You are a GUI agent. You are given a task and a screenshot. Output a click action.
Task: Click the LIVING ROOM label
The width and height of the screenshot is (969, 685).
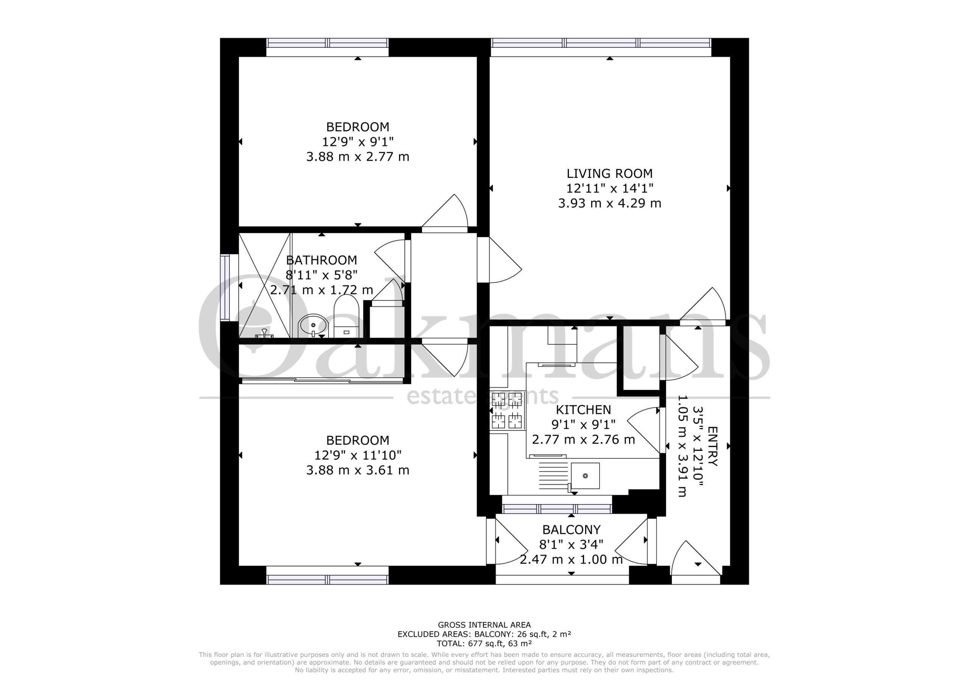tap(609, 173)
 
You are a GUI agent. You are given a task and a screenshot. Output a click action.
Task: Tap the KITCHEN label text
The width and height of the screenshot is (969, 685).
tap(583, 410)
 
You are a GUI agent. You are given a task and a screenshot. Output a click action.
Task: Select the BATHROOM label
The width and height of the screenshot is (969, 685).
tap(322, 260)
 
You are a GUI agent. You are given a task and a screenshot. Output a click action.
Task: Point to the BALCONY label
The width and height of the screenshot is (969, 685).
tap(571, 530)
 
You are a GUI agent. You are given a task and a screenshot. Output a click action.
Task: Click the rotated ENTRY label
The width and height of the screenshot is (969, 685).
tap(712, 446)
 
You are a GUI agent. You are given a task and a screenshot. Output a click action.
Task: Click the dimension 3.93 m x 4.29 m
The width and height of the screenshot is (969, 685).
tap(609, 204)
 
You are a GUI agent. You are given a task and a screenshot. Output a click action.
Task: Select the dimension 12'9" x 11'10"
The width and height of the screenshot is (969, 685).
tap(358, 455)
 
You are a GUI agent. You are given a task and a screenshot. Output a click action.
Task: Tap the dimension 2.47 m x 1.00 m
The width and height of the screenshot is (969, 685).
tap(571, 560)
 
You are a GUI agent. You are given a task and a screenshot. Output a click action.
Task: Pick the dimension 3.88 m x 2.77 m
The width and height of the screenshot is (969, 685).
tap(358, 157)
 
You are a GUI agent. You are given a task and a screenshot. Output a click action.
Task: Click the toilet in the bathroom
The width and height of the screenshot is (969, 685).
tap(346, 316)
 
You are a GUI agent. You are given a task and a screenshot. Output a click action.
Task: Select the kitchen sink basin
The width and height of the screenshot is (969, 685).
tap(585, 476)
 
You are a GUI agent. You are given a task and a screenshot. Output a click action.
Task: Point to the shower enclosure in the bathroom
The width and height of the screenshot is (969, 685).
tap(265, 285)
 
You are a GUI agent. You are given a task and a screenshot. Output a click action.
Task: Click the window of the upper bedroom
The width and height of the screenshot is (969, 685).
tap(327, 43)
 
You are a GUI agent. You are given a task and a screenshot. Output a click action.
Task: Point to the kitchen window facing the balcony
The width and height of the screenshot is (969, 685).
tap(557, 509)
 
